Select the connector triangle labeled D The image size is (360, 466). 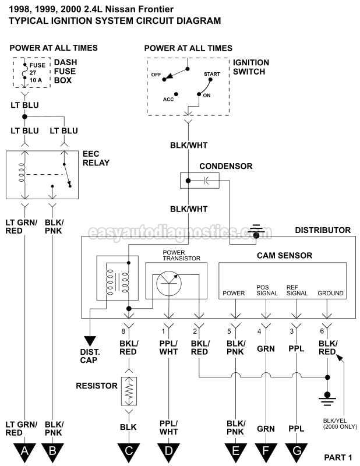[x=168, y=450]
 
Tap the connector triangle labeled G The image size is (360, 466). [x=297, y=450]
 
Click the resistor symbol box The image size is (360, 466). [x=128, y=391]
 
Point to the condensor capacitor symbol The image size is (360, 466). [x=200, y=181]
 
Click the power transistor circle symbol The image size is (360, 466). [x=169, y=281]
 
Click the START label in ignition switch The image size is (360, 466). [x=212, y=75]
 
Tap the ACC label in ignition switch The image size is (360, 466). [x=169, y=98]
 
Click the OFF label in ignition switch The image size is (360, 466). [x=156, y=75]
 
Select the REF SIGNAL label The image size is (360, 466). [x=297, y=290]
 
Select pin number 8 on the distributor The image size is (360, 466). [x=123, y=332]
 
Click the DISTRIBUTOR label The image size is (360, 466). [x=323, y=230]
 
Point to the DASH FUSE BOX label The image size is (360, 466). [x=68, y=71]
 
